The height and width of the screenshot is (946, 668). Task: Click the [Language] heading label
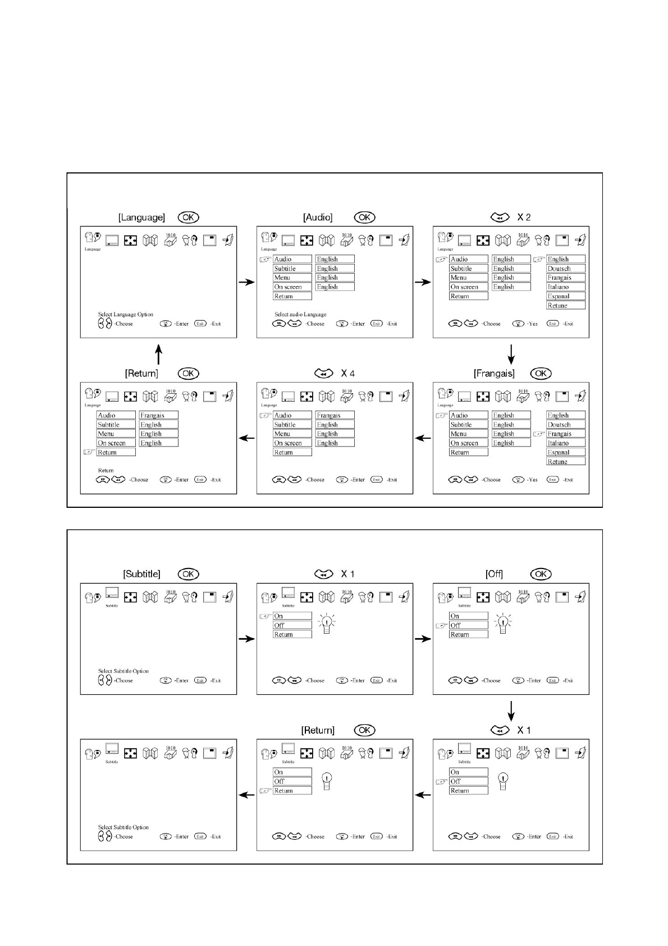(x=141, y=217)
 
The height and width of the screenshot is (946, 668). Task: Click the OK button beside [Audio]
(x=364, y=217)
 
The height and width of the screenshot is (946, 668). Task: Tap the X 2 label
(x=524, y=217)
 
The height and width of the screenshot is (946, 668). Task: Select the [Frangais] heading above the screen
(x=494, y=374)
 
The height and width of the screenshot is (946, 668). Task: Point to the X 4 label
(x=347, y=374)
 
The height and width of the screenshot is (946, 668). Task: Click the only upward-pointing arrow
(x=159, y=354)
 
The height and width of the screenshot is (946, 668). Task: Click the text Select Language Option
(x=125, y=315)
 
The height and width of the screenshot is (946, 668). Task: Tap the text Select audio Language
(x=300, y=315)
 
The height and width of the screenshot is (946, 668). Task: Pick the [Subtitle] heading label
(x=141, y=574)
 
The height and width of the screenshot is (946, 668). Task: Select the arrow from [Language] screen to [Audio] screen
(x=246, y=282)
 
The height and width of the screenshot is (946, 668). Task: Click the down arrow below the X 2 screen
(x=511, y=354)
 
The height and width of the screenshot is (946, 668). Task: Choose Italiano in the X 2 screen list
(x=558, y=287)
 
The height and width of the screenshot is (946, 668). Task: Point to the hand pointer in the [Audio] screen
(x=266, y=260)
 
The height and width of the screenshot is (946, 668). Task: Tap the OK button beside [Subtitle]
(x=188, y=574)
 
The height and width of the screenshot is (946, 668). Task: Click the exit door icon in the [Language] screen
(x=228, y=240)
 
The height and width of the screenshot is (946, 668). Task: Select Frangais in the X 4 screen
(x=328, y=415)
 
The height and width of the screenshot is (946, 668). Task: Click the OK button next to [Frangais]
(x=541, y=374)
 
